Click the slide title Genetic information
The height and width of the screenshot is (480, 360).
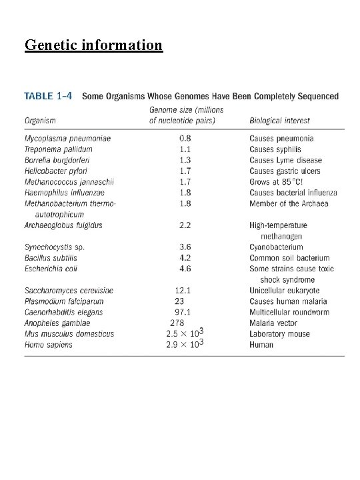pos(93,45)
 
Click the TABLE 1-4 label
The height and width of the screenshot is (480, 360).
pos(49,97)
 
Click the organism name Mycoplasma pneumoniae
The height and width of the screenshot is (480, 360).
pos(67,139)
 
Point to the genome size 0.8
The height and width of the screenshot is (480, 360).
pos(185,139)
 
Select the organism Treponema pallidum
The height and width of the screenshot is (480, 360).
pos(59,149)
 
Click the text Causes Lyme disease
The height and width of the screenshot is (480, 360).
pos(285,160)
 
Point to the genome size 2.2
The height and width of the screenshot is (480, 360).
pos(185,225)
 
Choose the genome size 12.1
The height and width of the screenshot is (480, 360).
pos(183,291)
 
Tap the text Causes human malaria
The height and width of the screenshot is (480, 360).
pos(288,301)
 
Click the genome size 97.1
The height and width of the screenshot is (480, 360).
pos(183,312)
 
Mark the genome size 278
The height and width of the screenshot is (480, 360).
pos(177,323)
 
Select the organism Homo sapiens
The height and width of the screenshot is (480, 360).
pos(49,345)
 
